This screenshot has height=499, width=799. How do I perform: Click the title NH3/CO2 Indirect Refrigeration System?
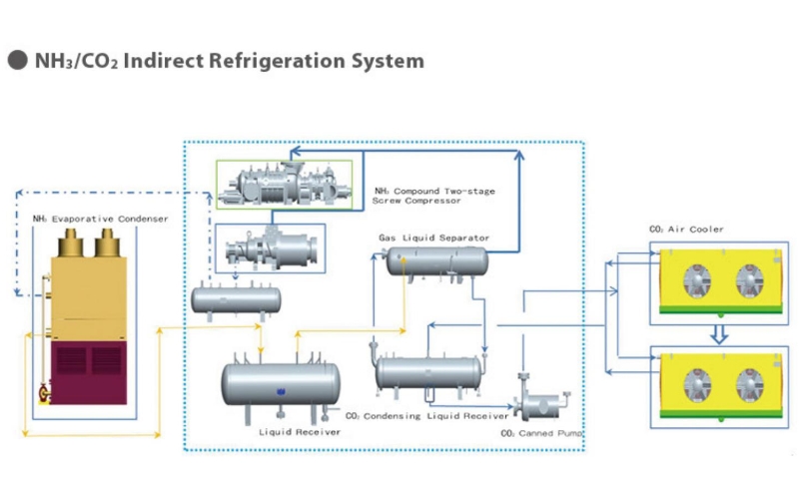point(229,61)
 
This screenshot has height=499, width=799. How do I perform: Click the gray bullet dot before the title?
point(17,61)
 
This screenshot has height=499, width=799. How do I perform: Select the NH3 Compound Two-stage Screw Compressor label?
point(433,196)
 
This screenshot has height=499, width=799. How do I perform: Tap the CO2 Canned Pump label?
point(540,434)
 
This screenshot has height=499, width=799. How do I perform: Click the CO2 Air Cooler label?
point(686,230)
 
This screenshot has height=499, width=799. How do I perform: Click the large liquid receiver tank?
point(281,384)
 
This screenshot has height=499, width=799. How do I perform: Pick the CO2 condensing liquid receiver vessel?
point(427,372)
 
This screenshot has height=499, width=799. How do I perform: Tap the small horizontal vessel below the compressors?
point(237,297)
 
